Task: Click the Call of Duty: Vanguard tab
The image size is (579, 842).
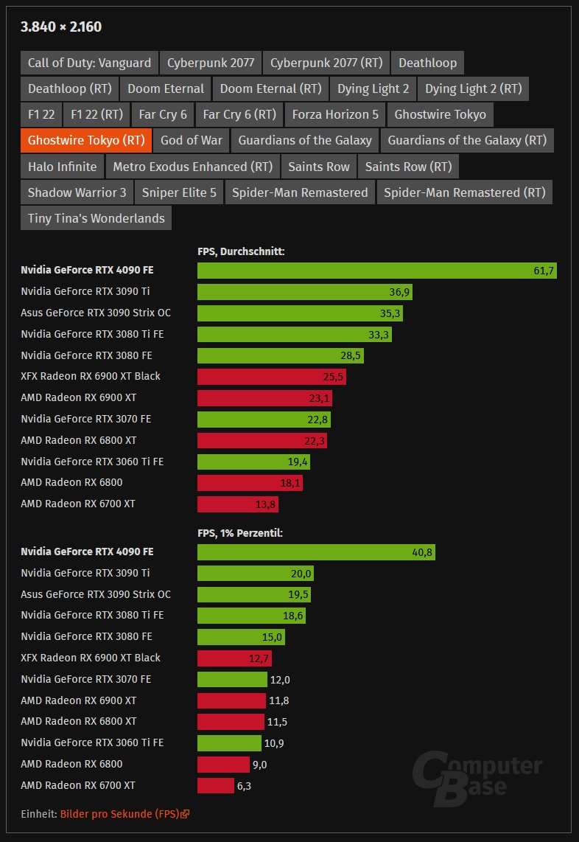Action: pyautogui.click(x=89, y=63)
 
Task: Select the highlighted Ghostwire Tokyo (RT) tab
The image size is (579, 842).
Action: pyautogui.click(x=85, y=140)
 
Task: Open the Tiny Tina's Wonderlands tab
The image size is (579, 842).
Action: pyautogui.click(x=96, y=218)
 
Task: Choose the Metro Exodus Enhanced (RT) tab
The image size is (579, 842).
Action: pyautogui.click(x=192, y=167)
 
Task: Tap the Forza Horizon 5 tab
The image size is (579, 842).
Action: pyautogui.click(x=335, y=114)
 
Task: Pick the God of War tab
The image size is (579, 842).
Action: pyautogui.click(x=191, y=140)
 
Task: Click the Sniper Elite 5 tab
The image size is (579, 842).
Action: pyautogui.click(x=179, y=192)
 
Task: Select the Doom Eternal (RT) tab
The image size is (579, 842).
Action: pyautogui.click(x=270, y=88)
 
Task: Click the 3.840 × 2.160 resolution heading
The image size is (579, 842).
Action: pyautogui.click(x=61, y=27)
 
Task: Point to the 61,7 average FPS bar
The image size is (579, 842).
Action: pyautogui.click(x=376, y=271)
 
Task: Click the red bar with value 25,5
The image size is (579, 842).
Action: pyautogui.click(x=271, y=377)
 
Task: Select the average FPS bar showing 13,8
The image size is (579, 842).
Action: pyautogui.click(x=237, y=504)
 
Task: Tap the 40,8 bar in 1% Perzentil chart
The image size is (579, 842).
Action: pyautogui.click(x=316, y=552)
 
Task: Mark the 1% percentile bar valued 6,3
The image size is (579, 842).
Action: pyautogui.click(x=215, y=786)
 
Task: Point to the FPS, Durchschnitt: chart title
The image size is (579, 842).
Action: pyautogui.click(x=241, y=251)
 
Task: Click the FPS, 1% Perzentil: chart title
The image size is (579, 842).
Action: pyautogui.click(x=240, y=533)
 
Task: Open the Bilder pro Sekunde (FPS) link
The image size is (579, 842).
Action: pyautogui.click(x=124, y=814)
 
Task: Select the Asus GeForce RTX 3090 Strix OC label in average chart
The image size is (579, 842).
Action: pyautogui.click(x=96, y=313)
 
